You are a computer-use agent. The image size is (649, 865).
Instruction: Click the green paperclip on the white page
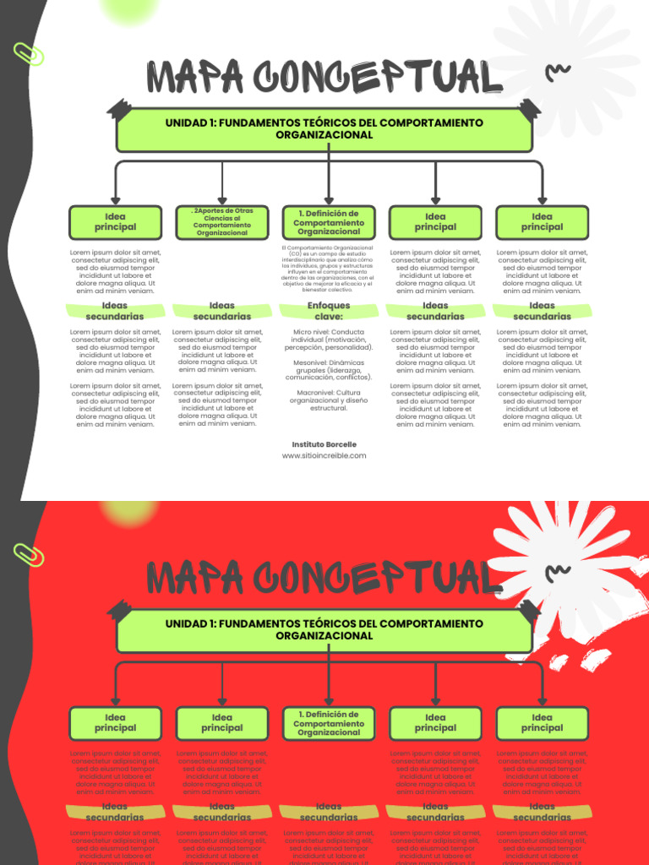(28, 53)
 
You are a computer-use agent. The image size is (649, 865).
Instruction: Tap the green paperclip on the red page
(28, 554)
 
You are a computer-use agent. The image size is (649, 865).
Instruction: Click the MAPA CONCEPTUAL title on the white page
(324, 78)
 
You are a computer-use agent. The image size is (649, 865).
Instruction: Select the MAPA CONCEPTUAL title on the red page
(324, 579)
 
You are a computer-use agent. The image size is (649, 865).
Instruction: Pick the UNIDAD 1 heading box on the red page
(324, 629)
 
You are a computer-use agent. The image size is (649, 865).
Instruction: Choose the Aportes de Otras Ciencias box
(222, 222)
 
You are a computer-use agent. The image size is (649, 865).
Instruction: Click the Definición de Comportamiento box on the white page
(329, 222)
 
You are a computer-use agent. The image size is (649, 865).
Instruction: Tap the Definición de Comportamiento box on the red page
(329, 723)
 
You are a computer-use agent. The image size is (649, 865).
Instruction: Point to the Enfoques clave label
(329, 311)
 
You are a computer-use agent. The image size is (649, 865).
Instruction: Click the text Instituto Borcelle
(324, 444)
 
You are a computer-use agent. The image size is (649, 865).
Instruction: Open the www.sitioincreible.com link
(324, 455)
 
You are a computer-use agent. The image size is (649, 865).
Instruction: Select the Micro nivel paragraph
(329, 340)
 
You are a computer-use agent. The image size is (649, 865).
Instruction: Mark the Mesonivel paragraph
(329, 370)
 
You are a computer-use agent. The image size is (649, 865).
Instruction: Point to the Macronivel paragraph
(329, 400)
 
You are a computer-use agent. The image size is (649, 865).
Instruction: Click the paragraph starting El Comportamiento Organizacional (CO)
(329, 269)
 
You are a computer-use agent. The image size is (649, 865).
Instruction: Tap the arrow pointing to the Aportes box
(222, 190)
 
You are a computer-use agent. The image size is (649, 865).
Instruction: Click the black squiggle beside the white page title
(558, 73)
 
